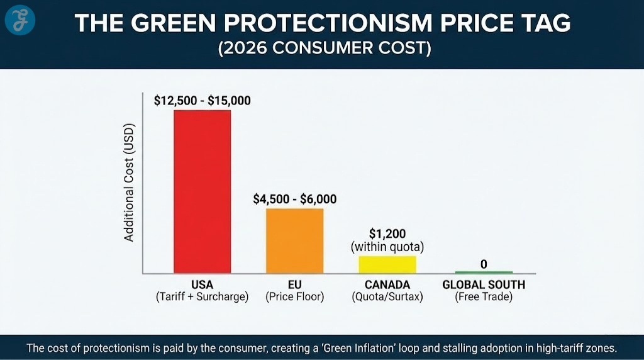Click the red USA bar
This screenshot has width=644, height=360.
coord(202,191)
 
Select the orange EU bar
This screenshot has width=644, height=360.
coord(294,240)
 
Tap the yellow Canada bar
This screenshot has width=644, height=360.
coord(387,264)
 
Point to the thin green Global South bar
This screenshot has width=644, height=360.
coord(483,273)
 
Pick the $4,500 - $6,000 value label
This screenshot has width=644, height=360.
coord(294,200)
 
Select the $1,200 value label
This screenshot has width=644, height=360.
coord(387,234)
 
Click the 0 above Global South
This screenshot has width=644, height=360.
coord(483,264)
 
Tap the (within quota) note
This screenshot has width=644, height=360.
coord(387,247)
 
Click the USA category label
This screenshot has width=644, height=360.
coord(202,284)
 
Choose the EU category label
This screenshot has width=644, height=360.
coord(294,284)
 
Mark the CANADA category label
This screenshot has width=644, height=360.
coord(387,284)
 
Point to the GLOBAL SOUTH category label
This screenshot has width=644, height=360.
coord(483,284)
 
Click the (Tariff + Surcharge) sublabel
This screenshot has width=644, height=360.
coord(202,297)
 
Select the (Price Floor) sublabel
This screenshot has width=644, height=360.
coord(294,297)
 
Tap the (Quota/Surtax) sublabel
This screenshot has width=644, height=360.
coord(387,297)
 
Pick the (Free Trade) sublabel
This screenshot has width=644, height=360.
coord(483,297)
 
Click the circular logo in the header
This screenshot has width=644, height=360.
coord(20,21)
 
